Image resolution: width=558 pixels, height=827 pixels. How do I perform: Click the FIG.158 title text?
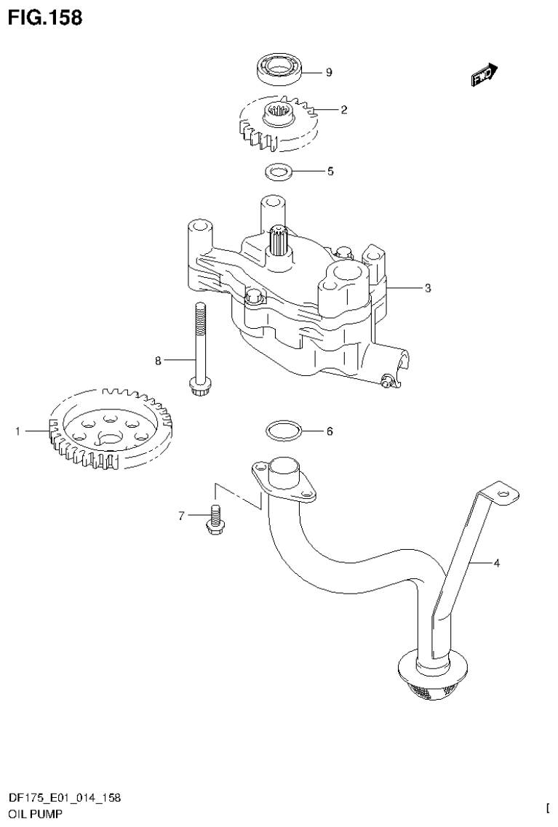(45, 17)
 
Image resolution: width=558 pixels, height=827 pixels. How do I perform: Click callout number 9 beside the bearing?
(329, 72)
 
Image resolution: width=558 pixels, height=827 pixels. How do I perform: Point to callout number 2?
(343, 111)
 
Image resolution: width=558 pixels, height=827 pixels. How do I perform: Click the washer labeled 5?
(276, 172)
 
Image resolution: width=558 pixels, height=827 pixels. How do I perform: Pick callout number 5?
(330, 172)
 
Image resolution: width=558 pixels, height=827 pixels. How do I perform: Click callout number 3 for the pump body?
(428, 288)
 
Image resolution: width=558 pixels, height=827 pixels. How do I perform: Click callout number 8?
(156, 359)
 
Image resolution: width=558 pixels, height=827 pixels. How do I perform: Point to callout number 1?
(17, 432)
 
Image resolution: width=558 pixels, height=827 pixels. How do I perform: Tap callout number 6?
(330, 431)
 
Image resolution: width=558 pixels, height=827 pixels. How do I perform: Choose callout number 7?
(182, 516)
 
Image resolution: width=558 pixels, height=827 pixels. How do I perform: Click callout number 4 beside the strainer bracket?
(497, 562)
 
